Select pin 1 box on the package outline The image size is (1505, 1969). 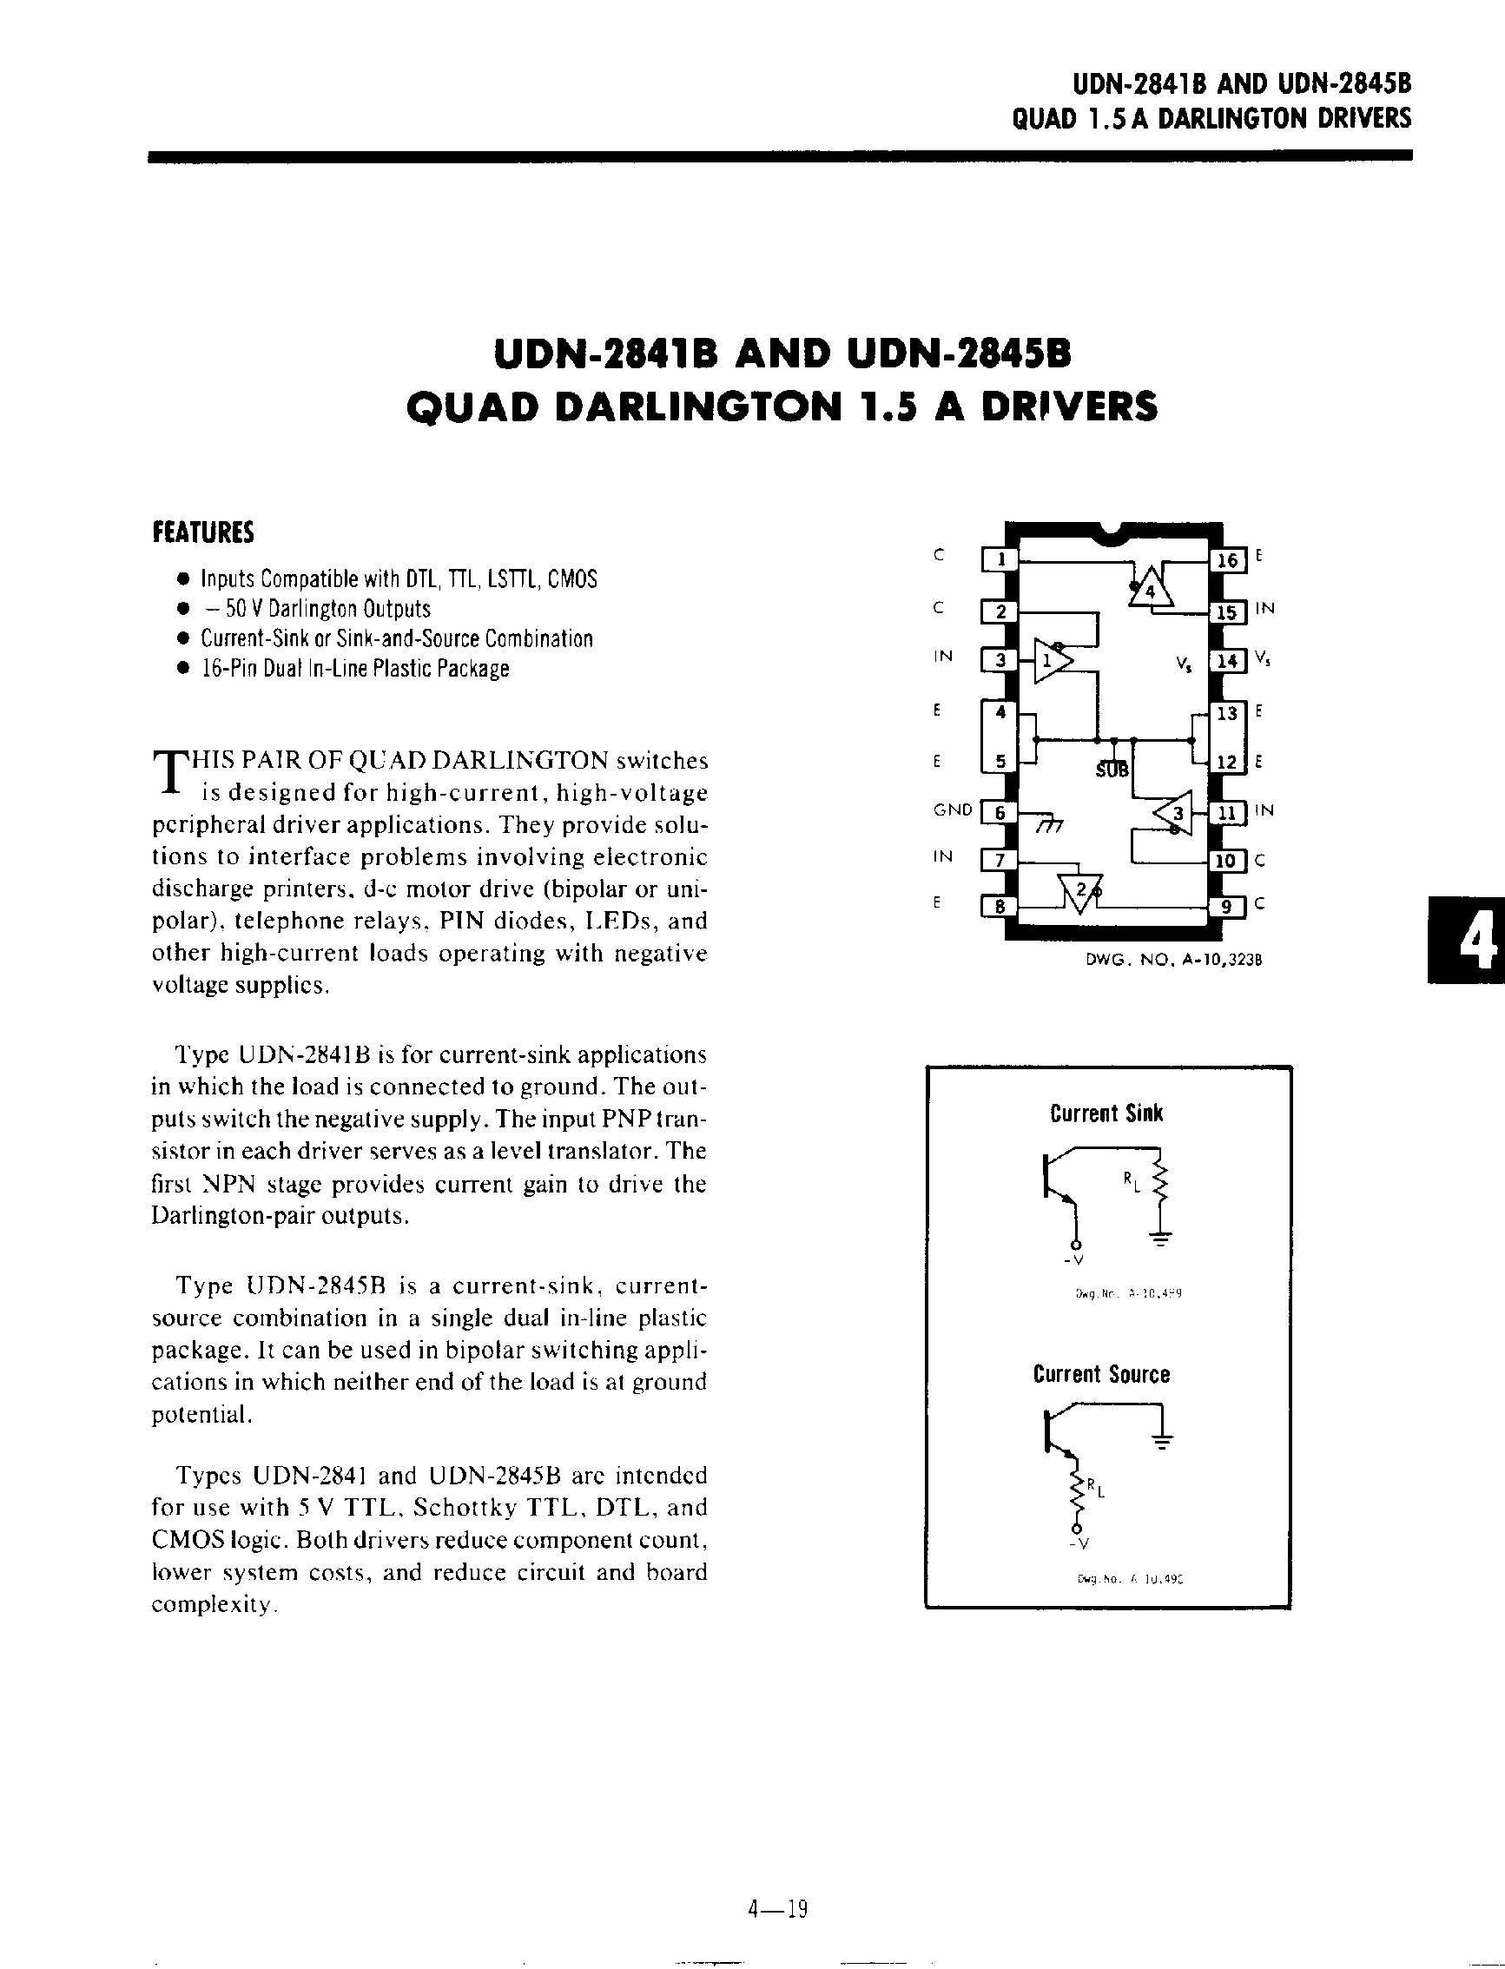point(1001,560)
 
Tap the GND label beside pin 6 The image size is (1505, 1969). point(953,809)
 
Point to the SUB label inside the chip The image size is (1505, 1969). point(1112,770)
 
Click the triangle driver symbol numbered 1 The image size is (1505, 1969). point(1050,661)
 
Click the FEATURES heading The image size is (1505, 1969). point(203,533)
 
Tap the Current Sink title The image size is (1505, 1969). point(1106,1113)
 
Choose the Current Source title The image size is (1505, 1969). point(1101,1374)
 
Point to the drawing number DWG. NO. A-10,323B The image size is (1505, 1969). point(1173,960)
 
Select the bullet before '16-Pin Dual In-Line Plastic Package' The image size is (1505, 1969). point(183,668)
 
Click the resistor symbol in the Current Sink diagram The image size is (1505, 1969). point(1160,1185)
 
